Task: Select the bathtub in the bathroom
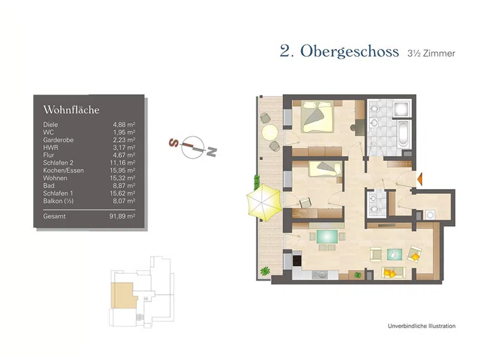point(403,134)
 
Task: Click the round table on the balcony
point(270,132)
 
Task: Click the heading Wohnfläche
point(71,110)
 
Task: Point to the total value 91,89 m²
point(122,217)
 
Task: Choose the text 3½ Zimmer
point(431,53)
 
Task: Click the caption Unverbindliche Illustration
point(421,326)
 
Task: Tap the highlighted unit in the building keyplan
point(121,293)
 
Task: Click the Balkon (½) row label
point(58,201)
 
